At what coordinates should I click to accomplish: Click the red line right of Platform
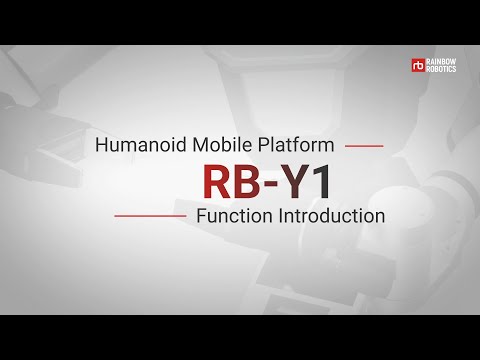click(364, 146)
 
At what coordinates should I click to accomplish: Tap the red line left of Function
click(150, 215)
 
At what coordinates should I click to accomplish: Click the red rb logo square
click(418, 65)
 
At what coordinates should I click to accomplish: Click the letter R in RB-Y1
click(218, 181)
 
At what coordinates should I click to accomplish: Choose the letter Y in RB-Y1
click(287, 181)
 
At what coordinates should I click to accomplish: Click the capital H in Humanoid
click(101, 145)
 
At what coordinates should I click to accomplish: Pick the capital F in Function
click(202, 215)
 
